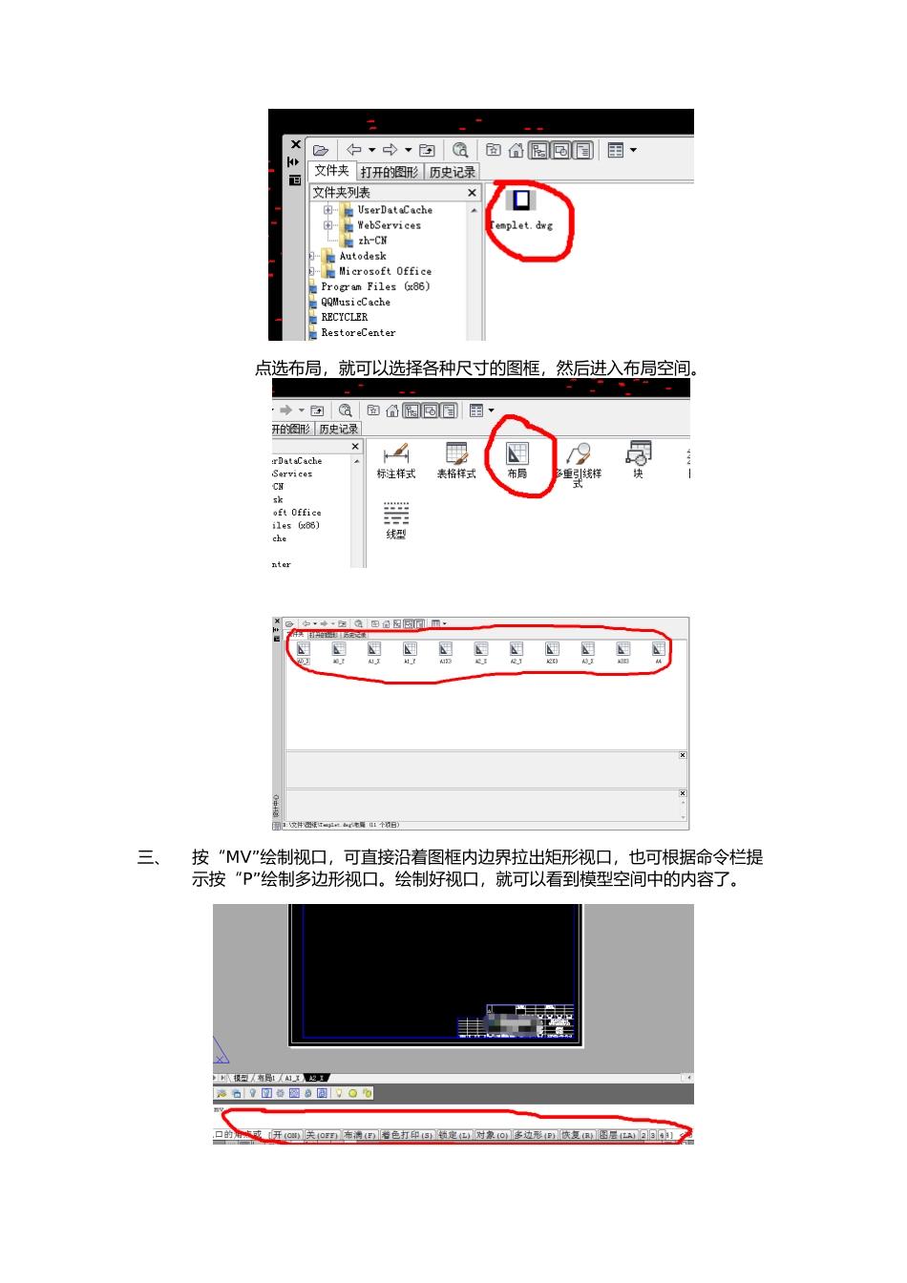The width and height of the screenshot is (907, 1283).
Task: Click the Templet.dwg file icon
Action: click(x=521, y=200)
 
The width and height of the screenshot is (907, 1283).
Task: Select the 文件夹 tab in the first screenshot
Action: click(x=331, y=171)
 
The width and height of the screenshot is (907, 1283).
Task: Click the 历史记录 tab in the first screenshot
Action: click(x=452, y=173)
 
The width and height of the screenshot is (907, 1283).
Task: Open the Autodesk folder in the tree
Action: click(x=362, y=256)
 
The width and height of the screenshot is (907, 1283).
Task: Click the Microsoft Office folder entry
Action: click(x=384, y=271)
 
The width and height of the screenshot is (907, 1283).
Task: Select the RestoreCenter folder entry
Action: click(x=357, y=333)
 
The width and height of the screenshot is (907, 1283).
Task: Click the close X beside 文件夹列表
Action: click(x=472, y=193)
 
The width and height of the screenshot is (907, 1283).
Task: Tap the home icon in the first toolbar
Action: click(x=516, y=150)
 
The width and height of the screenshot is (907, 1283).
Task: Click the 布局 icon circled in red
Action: click(x=517, y=455)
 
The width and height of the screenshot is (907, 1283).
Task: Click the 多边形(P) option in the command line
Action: click(x=535, y=1135)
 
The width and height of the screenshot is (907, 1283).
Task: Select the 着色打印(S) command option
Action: click(x=407, y=1135)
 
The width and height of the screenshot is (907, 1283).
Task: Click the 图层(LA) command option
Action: click(x=617, y=1135)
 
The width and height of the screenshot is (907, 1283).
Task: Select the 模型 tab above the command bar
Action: click(x=241, y=1078)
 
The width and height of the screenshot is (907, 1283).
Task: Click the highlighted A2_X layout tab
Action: click(x=316, y=1078)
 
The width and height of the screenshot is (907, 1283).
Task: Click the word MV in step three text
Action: click(x=238, y=857)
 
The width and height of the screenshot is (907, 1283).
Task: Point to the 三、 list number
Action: click(x=150, y=857)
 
